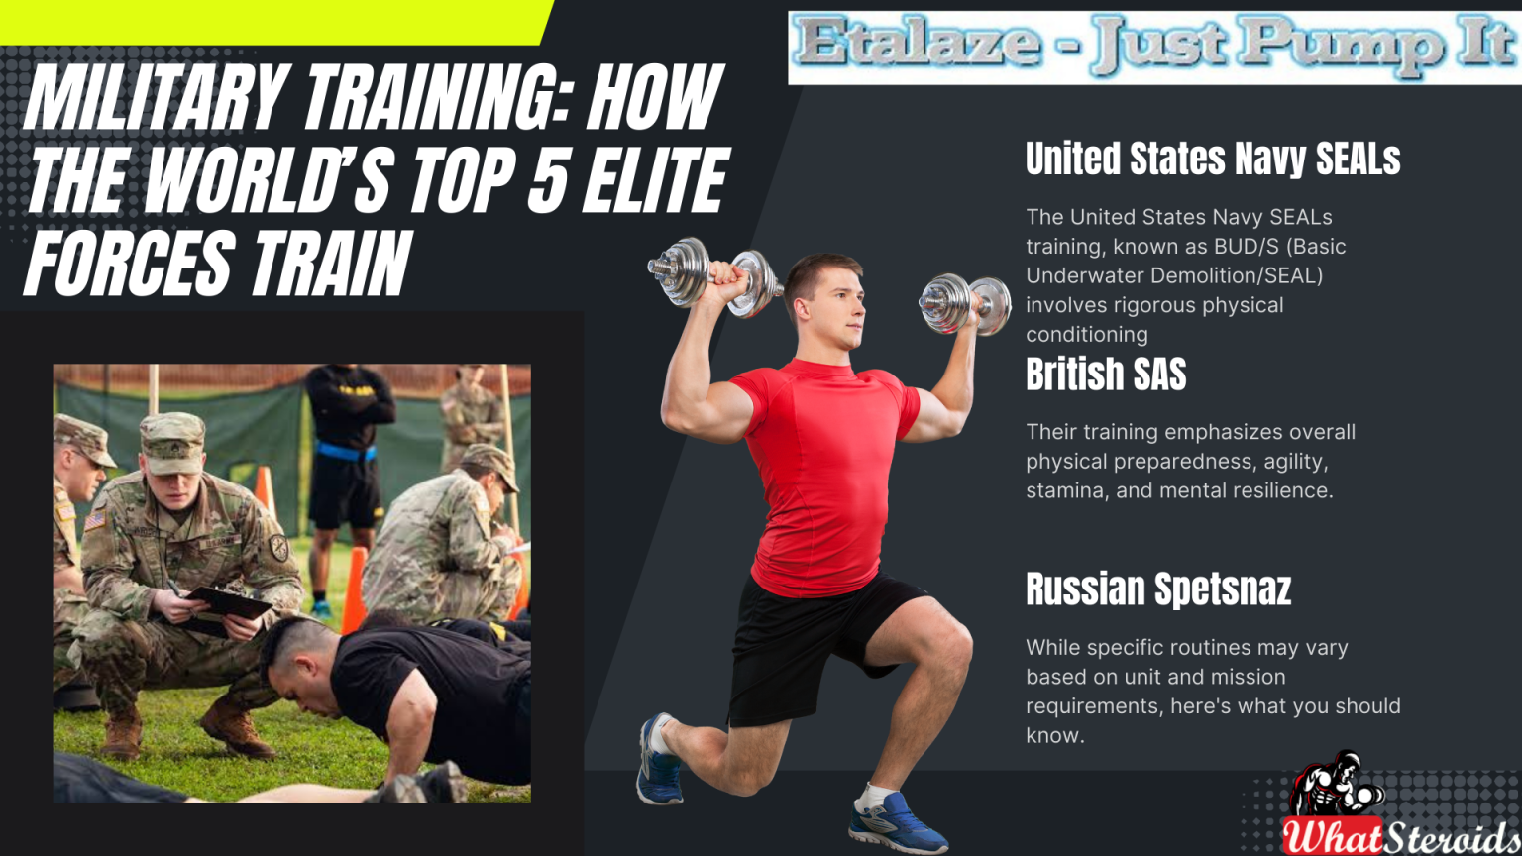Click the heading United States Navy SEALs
(1213, 159)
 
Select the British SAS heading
(1106, 374)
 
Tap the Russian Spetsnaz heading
(1158, 589)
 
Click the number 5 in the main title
(547, 180)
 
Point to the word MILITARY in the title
(153, 97)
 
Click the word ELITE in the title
(655, 180)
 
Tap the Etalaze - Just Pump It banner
(1154, 48)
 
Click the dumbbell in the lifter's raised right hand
(713, 277)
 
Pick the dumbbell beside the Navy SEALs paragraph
(964, 305)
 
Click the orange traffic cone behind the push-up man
(354, 591)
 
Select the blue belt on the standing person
(347, 450)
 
